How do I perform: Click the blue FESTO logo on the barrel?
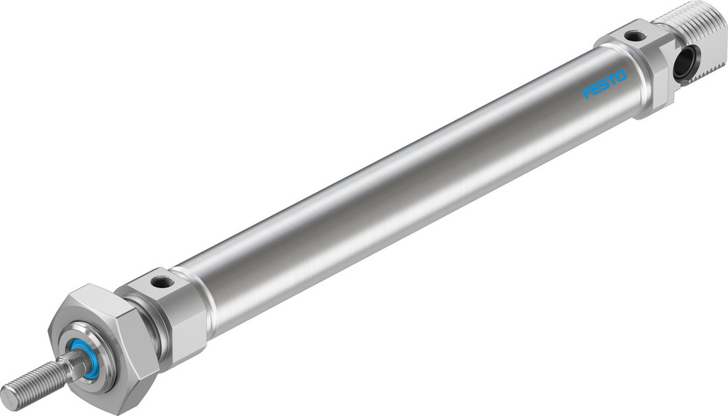click(x=604, y=90)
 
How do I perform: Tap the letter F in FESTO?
click(x=587, y=95)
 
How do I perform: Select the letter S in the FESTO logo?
click(x=604, y=90)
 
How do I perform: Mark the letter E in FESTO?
click(x=596, y=93)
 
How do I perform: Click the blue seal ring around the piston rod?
click(x=86, y=358)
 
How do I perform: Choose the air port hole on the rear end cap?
click(x=636, y=35)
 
